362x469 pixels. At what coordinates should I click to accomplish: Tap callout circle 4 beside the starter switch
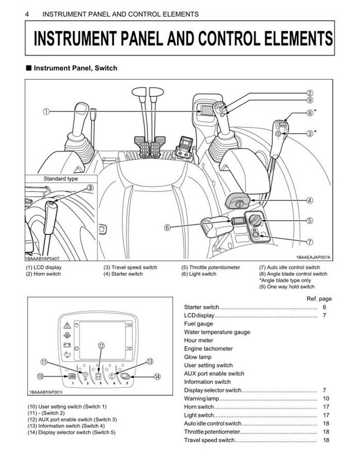pyautogui.click(x=310, y=201)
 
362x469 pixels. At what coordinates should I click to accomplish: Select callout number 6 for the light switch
pyautogui.click(x=167, y=227)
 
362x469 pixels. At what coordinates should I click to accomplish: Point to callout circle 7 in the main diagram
pyautogui.click(x=310, y=241)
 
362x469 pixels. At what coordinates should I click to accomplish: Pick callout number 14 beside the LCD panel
pyautogui.click(x=157, y=376)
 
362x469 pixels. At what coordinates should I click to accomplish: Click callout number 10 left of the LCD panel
pyautogui.click(x=41, y=376)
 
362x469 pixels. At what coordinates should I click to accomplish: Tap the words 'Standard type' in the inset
pyautogui.click(x=61, y=179)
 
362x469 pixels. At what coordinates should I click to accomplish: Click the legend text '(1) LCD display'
pyautogui.click(x=44, y=267)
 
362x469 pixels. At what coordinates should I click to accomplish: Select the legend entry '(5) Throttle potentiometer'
pyautogui.click(x=211, y=267)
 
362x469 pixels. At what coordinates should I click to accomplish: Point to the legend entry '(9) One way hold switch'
pyautogui.click(x=287, y=286)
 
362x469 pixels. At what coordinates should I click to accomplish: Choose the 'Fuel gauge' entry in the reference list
pyautogui.click(x=198, y=324)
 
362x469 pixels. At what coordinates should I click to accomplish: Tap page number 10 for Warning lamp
pyautogui.click(x=326, y=398)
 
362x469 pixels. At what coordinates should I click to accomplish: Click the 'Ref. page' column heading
pyautogui.click(x=319, y=299)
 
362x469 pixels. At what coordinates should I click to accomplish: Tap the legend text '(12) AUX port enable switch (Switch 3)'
pyautogui.click(x=72, y=420)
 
